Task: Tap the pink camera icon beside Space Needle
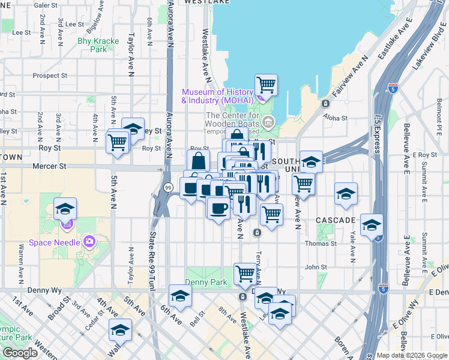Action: (89, 242)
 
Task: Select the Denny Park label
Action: (205, 282)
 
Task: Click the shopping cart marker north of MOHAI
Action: (266, 85)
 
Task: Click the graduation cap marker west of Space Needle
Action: (65, 209)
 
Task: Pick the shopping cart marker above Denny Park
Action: (245, 274)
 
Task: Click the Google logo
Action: (20, 353)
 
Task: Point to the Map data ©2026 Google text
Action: (411, 355)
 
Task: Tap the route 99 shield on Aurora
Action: (168, 188)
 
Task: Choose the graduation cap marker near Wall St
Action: (120, 330)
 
